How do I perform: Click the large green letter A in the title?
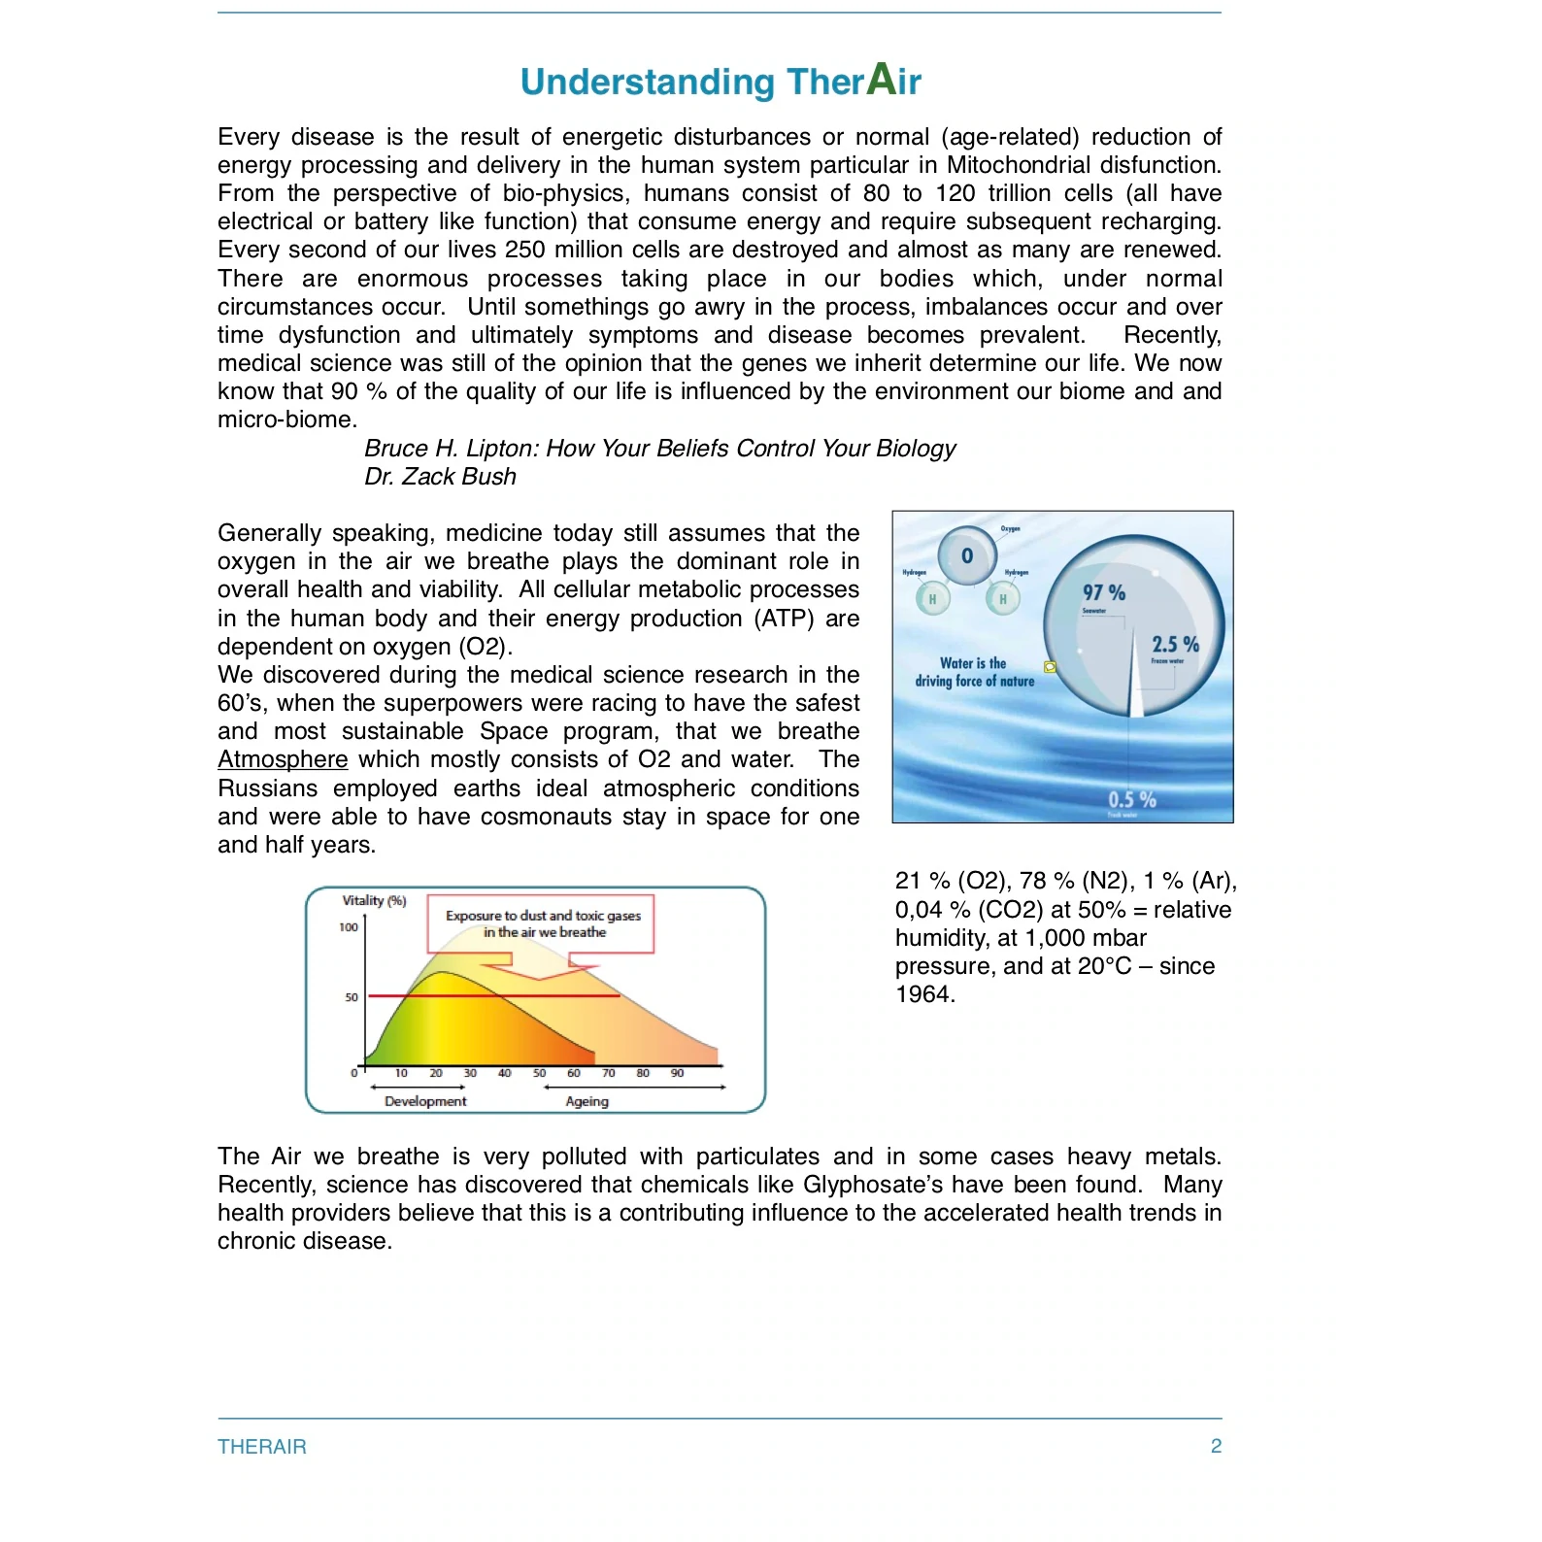881,79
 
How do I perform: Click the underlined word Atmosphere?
283,759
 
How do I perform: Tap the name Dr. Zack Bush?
440,477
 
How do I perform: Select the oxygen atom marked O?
967,555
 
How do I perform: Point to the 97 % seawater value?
1104,592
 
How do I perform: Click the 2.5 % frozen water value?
1175,645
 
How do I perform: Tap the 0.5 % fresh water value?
1132,799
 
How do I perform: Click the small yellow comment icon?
1050,667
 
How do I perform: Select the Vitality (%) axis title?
374,900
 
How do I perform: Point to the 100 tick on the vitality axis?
349,927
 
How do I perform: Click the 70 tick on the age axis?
608,1073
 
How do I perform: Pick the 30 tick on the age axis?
470,1073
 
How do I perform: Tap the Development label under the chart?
425,1101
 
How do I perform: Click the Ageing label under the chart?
587,1101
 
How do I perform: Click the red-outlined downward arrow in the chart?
540,966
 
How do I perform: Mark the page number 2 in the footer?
1216,1446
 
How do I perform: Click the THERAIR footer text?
262,1447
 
